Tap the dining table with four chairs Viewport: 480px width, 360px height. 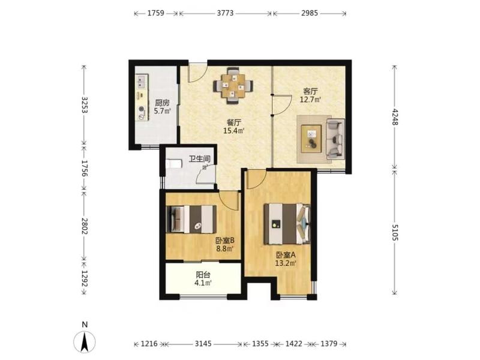pyautogui.click(x=233, y=86)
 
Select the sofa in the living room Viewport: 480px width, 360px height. pyautogui.click(x=335, y=139)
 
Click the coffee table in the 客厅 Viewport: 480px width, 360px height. pyautogui.click(x=311, y=139)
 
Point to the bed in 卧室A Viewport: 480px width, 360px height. pyautogui.click(x=287, y=224)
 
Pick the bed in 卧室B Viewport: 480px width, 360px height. pyautogui.click(x=191, y=219)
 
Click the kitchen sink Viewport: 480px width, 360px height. pyautogui.click(x=142, y=82)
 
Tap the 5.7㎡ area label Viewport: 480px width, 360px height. pyautogui.click(x=162, y=111)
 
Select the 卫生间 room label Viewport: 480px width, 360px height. pyautogui.click(x=199, y=159)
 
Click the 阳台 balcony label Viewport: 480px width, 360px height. pyautogui.click(x=203, y=275)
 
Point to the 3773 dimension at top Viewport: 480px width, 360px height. pyautogui.click(x=225, y=13)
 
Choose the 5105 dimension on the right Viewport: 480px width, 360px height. pyautogui.click(x=395, y=232)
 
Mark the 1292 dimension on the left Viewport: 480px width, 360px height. pyautogui.click(x=85, y=278)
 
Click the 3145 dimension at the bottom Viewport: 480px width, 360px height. pyautogui.click(x=203, y=344)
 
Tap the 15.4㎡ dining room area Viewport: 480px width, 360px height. pyautogui.click(x=234, y=131)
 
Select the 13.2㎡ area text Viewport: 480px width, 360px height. pyautogui.click(x=286, y=263)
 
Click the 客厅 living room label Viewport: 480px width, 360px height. pyautogui.click(x=310, y=91)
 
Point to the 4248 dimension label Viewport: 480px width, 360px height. pyautogui.click(x=395, y=117)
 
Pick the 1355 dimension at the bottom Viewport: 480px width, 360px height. pyautogui.click(x=260, y=344)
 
